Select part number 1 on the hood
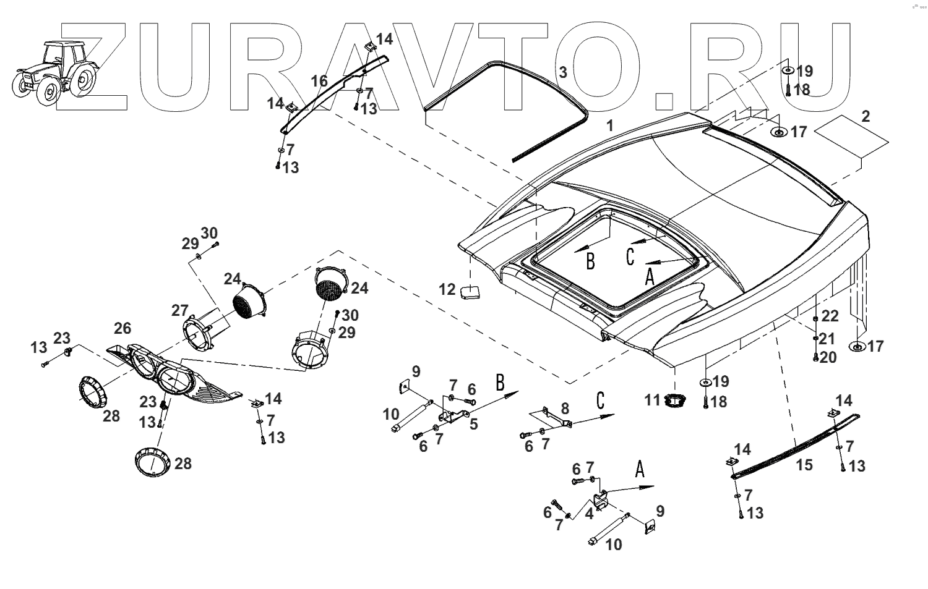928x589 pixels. point(610,126)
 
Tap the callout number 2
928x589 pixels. point(866,116)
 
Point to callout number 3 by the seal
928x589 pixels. point(562,72)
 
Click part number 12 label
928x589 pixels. point(447,289)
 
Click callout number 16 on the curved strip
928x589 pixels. point(319,81)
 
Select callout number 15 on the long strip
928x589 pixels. point(804,465)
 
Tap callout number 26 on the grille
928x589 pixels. point(122,327)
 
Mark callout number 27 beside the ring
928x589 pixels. point(179,310)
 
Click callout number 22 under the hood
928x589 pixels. point(830,316)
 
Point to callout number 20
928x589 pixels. point(828,358)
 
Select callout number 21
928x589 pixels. point(827,339)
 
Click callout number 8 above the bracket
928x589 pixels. point(564,408)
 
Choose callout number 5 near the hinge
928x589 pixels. point(474,424)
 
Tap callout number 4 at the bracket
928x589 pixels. point(590,513)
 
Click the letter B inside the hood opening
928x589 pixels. point(590,261)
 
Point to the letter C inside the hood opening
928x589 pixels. point(630,256)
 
